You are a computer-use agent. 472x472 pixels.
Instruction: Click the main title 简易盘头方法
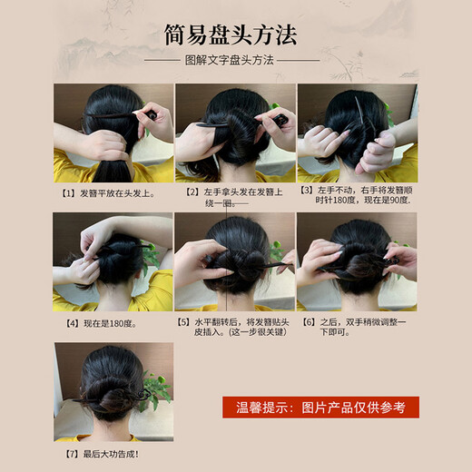(x=235, y=37)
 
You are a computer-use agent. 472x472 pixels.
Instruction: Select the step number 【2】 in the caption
(x=192, y=192)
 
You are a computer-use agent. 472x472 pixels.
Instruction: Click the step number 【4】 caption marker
(x=66, y=321)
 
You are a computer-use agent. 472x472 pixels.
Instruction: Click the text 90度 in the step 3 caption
(x=396, y=200)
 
